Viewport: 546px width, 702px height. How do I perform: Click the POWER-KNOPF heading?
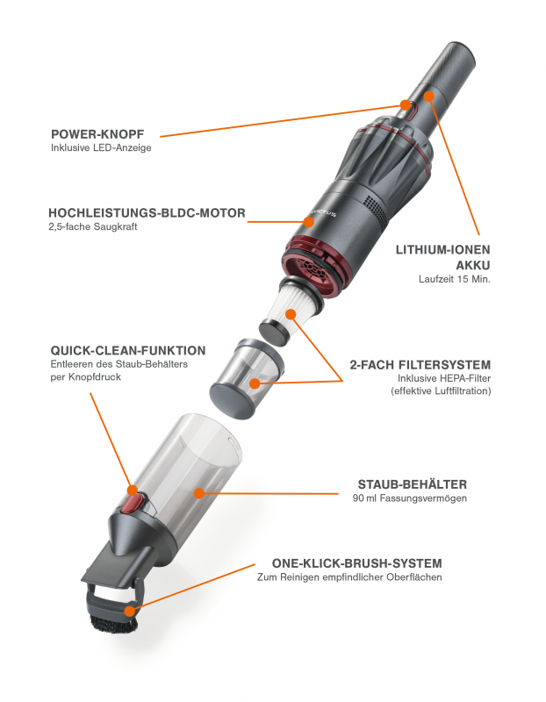[104, 133]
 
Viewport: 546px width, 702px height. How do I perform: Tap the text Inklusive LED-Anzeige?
[101, 148]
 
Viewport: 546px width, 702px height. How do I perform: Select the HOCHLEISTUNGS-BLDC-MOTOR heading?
[147, 213]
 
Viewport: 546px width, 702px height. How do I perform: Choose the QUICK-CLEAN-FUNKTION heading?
[128, 349]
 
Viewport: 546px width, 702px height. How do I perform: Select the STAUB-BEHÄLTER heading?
[412, 484]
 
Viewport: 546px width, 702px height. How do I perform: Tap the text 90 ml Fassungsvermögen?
[408, 498]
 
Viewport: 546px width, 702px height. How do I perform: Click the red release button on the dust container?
[130, 502]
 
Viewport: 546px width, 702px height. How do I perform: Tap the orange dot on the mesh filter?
[254, 383]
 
